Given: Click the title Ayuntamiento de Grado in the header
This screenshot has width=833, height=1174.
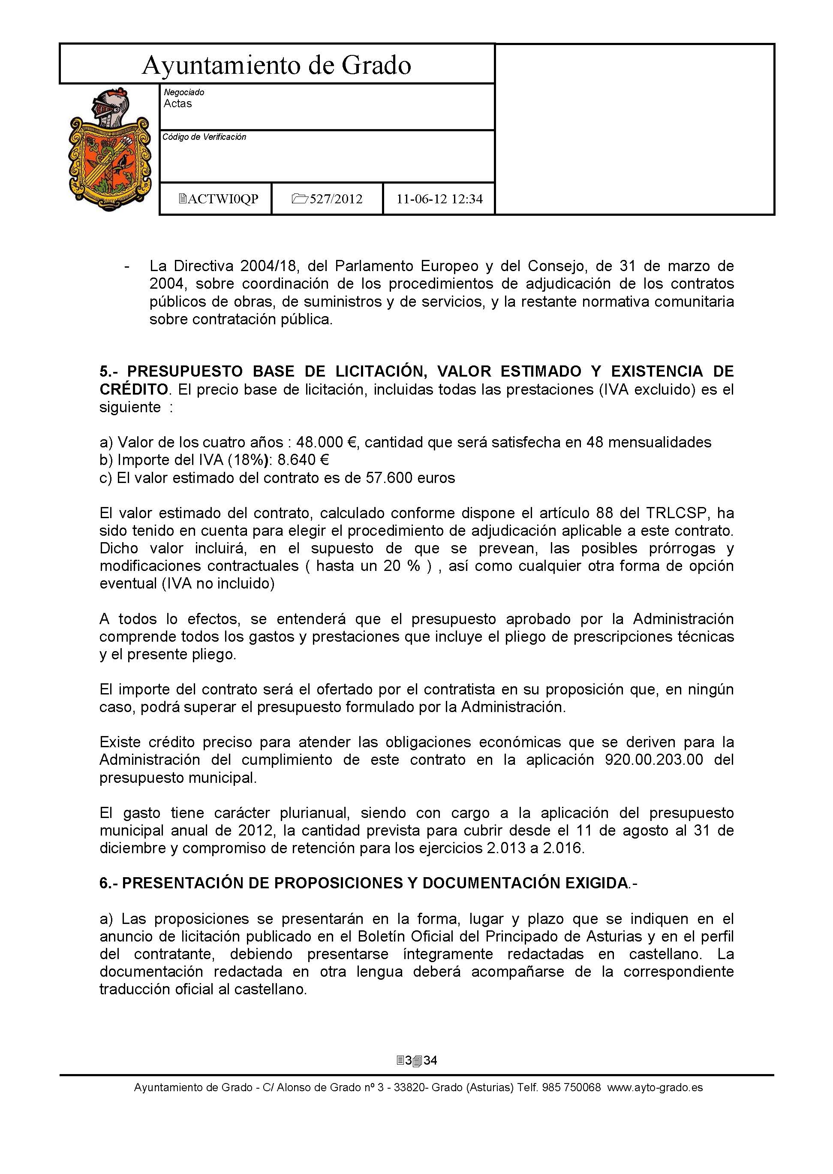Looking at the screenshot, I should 277,66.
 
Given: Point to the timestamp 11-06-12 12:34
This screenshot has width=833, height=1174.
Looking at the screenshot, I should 439,199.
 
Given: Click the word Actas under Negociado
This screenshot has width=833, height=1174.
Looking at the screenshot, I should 177,104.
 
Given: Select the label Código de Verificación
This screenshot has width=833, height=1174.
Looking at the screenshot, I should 204,137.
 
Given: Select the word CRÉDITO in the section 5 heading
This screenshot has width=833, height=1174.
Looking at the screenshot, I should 133,389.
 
